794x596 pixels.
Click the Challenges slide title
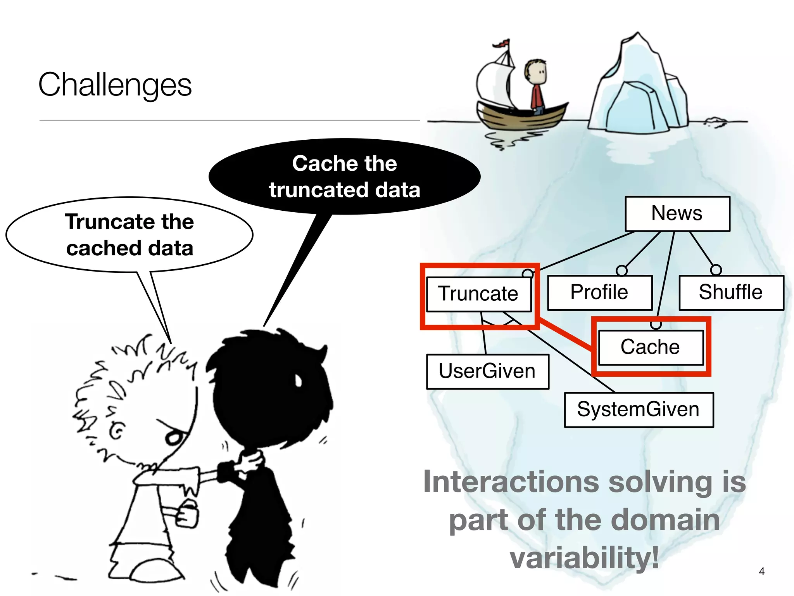coord(115,85)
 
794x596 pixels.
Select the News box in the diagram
coord(677,214)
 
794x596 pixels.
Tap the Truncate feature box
coord(478,294)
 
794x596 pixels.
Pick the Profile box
coord(599,292)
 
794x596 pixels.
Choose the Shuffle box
coord(731,292)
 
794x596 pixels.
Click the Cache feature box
coord(651,347)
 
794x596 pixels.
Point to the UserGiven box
coord(487,371)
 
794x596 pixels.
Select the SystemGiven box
coord(639,410)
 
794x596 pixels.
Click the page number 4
coord(761,571)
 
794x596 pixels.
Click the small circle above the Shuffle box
coord(716,270)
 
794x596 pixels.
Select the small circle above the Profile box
coord(621,270)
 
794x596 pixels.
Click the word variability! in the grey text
coord(584,558)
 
